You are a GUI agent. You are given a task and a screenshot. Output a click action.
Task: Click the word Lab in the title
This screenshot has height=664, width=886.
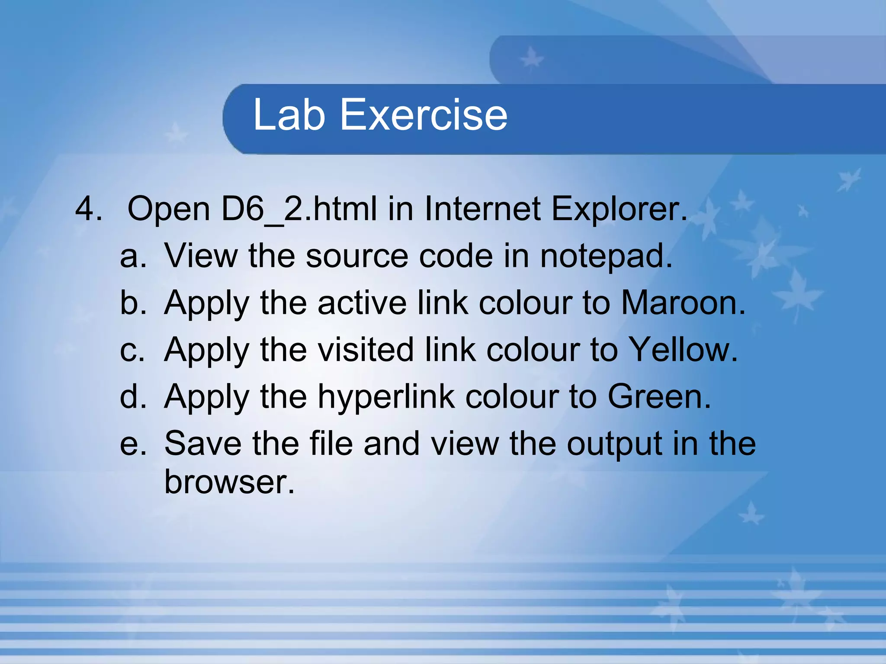[289, 115]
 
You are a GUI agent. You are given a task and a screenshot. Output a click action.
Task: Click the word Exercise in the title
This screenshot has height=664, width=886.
[424, 115]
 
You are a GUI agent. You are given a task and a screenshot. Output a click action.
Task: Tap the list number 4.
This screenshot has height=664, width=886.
[89, 209]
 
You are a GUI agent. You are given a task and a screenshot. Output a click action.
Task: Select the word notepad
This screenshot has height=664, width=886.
[606, 256]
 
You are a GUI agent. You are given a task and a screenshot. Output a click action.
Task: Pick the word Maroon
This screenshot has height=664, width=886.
[683, 303]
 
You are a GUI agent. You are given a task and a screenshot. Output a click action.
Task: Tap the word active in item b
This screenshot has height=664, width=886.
[362, 303]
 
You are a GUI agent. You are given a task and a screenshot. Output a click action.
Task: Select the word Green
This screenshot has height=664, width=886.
[659, 396]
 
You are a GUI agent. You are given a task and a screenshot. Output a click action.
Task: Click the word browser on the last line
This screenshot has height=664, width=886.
[229, 482]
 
